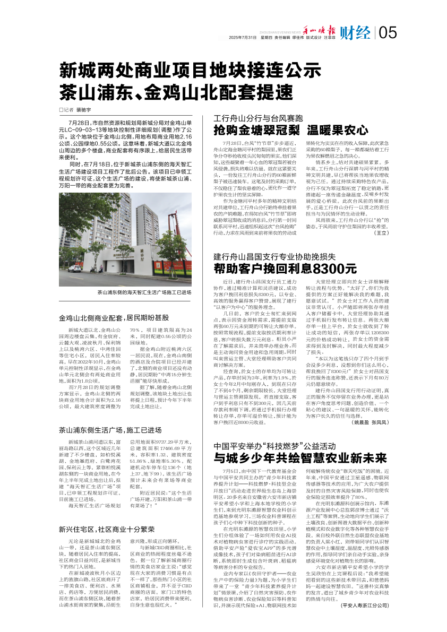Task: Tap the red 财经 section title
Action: pos(355,33)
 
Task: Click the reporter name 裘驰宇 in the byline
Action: pos(84,110)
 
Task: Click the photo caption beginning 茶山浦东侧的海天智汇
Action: pos(143,292)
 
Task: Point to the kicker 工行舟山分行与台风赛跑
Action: pos(258,117)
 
